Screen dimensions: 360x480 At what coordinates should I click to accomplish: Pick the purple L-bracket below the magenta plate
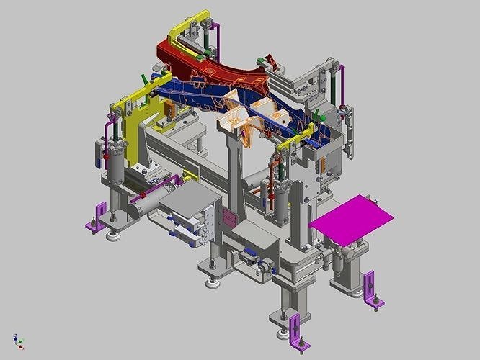(x=373, y=290)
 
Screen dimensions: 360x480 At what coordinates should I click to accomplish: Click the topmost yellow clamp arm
(x=189, y=22)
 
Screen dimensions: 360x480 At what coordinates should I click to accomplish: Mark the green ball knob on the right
(x=323, y=117)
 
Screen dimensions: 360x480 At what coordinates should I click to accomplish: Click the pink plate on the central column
(x=229, y=217)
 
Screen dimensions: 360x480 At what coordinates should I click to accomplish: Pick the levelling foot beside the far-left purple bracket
(x=113, y=233)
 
